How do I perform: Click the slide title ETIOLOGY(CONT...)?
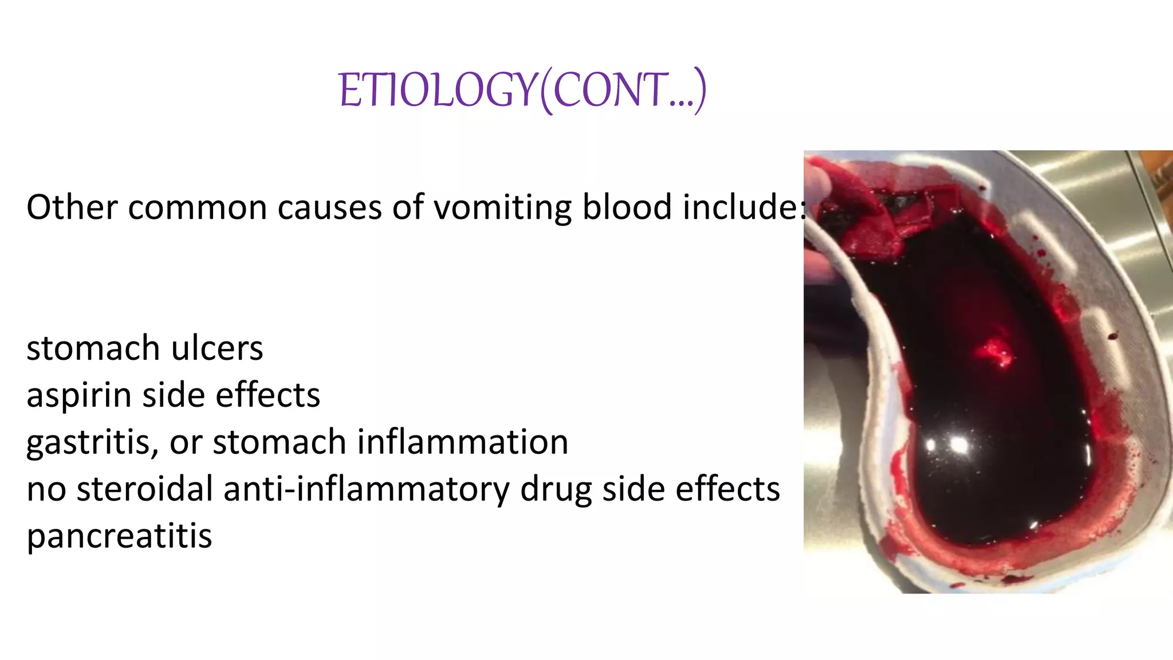coord(522,91)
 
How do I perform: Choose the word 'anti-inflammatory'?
coord(366,489)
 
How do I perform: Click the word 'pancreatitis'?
coord(119,536)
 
